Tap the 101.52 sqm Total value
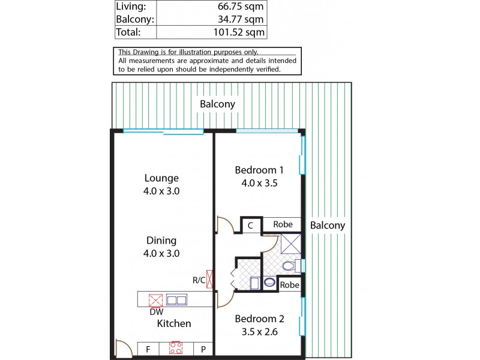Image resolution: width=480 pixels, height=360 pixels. (x=239, y=32)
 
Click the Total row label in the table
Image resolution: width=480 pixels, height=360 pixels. (x=128, y=32)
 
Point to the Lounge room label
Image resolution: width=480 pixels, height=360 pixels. (x=161, y=178)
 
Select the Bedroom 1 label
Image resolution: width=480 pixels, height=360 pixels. (x=256, y=170)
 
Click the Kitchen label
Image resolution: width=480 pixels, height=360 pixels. (x=174, y=323)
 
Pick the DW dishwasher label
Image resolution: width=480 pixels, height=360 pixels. (x=156, y=311)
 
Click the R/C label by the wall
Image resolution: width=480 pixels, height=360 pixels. (x=199, y=280)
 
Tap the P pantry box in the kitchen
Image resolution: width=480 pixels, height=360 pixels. (x=203, y=347)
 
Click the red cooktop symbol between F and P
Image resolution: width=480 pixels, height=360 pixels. (x=176, y=347)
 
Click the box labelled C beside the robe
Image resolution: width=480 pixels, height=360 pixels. (x=251, y=225)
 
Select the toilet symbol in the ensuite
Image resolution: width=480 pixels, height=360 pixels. (x=288, y=265)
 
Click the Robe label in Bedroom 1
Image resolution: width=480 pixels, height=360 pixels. (x=283, y=224)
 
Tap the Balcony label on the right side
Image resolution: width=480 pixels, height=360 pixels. (x=328, y=226)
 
